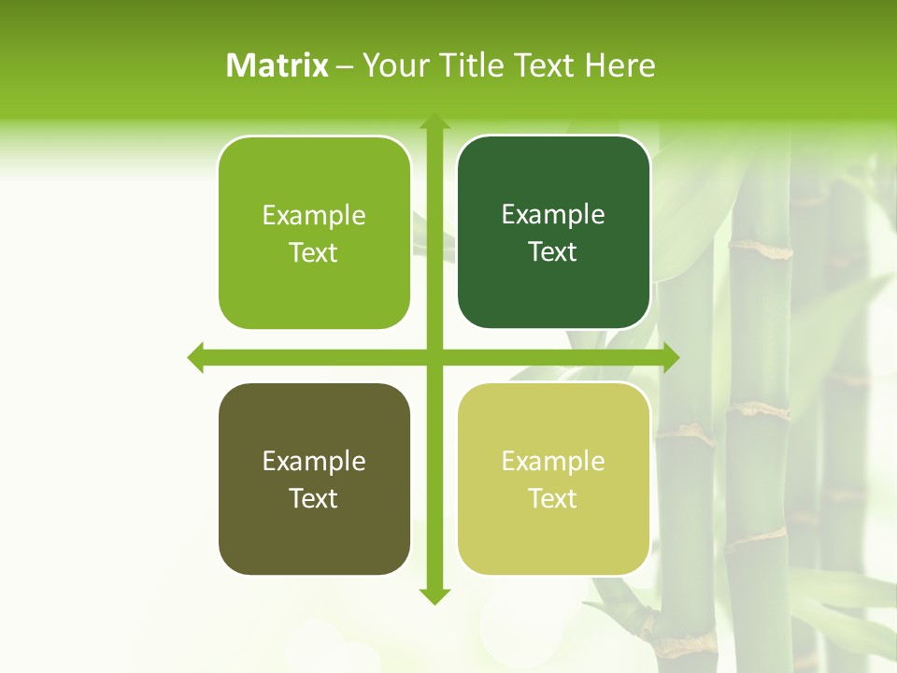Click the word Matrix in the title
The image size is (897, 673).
(278, 65)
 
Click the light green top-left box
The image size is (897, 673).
(314, 233)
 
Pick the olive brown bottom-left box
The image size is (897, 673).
(314, 479)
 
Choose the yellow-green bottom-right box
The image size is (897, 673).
(553, 479)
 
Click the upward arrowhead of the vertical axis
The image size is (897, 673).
(434, 122)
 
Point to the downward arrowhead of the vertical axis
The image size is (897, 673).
(434, 595)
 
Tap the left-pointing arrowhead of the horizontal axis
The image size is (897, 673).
(196, 357)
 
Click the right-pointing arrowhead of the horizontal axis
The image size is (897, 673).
(670, 357)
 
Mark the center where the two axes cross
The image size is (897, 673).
(434, 357)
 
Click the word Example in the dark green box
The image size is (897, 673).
(553, 215)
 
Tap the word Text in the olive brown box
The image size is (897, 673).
(314, 498)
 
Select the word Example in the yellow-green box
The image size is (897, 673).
(553, 461)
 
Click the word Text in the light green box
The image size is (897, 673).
(314, 252)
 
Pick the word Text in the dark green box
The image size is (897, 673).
(553, 251)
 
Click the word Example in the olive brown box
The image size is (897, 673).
(314, 461)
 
